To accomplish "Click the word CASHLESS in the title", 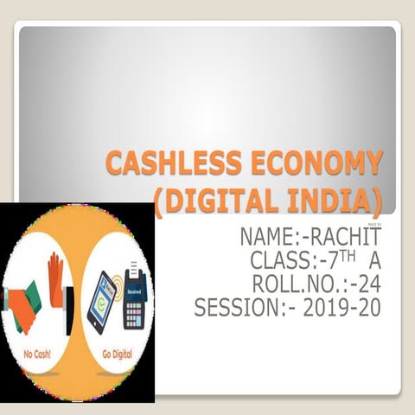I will (x=163, y=164).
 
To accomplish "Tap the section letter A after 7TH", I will (x=374, y=259).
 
